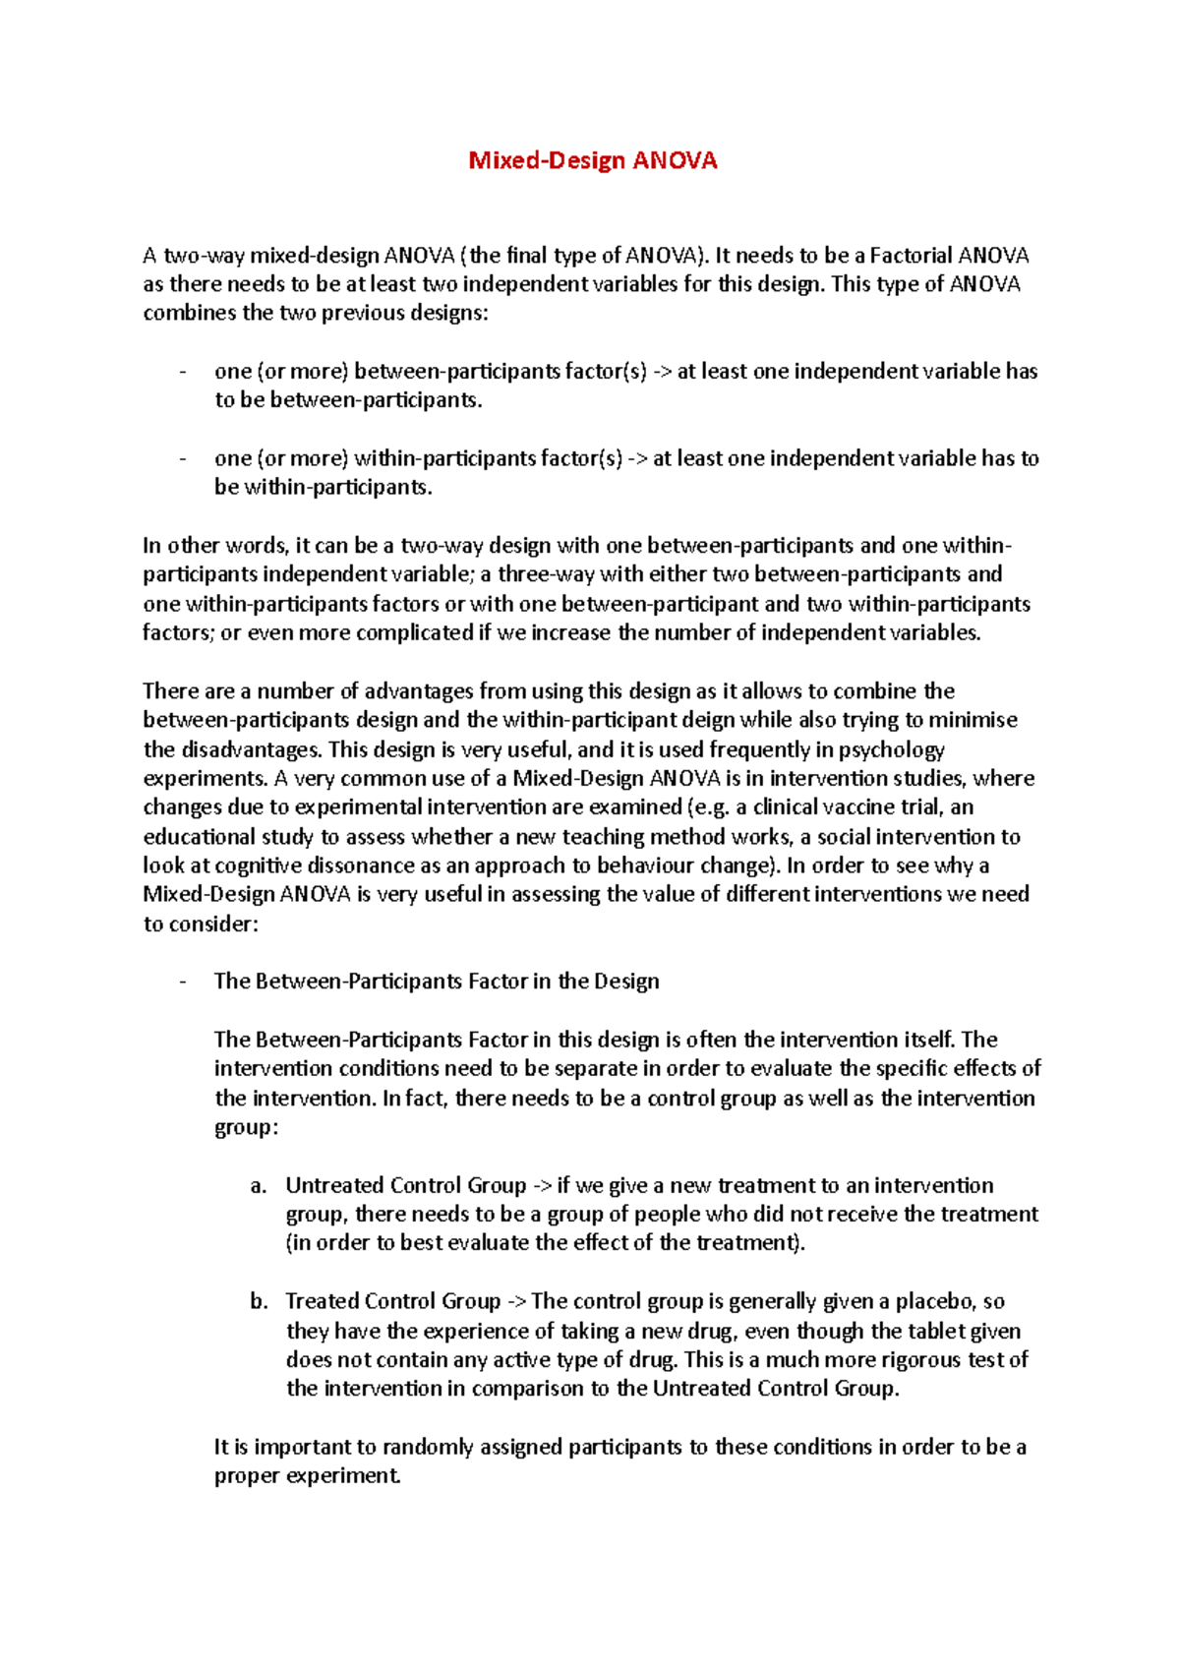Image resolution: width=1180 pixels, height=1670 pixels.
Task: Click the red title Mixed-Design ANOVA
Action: [592, 160]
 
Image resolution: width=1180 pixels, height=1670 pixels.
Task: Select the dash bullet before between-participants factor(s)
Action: [183, 372]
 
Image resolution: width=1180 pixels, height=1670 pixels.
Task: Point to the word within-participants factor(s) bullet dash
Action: [183, 458]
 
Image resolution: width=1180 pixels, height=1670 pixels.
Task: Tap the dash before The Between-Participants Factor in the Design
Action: [183, 982]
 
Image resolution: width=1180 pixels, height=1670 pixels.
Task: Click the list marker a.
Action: [258, 1185]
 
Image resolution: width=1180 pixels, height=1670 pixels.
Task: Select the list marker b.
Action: [258, 1301]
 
